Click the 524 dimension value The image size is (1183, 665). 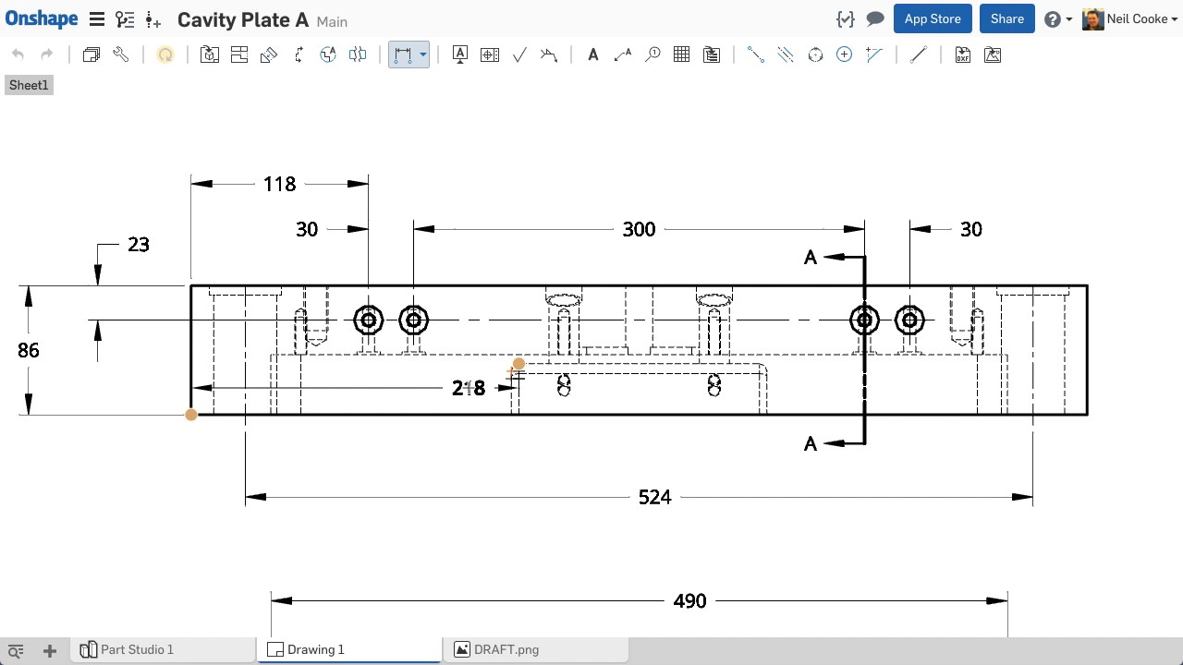coord(654,497)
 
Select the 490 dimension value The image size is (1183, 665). coord(689,601)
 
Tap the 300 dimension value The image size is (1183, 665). coord(639,230)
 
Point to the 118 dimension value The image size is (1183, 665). coord(279,184)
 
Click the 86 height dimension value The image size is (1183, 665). coord(28,350)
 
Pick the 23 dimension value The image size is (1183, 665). coord(139,245)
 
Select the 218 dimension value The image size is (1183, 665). coord(469,389)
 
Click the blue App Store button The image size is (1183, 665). coord(933,19)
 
